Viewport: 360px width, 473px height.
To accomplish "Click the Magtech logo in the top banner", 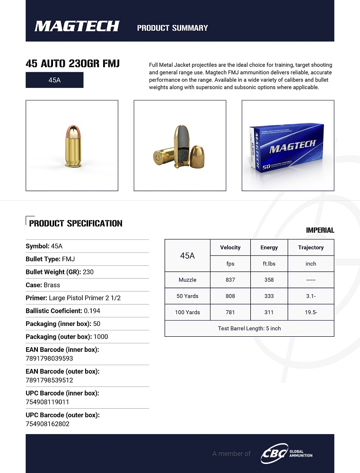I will (x=77, y=26).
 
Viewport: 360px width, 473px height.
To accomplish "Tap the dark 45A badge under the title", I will (x=54, y=80).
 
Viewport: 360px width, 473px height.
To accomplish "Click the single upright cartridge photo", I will (x=72, y=146).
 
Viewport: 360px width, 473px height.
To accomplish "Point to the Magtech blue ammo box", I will (x=288, y=147).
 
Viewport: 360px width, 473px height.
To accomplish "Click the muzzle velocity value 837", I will (x=230, y=280).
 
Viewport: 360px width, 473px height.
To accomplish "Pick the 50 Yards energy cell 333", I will (x=269, y=296).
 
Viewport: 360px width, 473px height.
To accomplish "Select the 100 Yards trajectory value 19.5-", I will (x=311, y=312).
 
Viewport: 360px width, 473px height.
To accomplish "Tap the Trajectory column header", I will (x=311, y=247).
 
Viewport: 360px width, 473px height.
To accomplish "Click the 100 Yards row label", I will (x=187, y=312).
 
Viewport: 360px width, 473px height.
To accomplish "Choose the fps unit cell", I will (x=230, y=263).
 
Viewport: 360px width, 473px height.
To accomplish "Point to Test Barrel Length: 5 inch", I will (x=249, y=328).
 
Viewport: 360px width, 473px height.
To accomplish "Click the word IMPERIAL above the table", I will (x=320, y=230).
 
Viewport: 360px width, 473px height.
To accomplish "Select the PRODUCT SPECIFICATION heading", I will (x=76, y=223).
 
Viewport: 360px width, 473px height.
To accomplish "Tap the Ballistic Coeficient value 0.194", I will (x=92, y=311).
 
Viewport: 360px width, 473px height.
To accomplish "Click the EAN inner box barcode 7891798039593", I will (x=49, y=359).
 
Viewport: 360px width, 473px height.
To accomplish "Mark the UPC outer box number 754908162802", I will (x=47, y=424).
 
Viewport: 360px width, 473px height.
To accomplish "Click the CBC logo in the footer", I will (x=274, y=454).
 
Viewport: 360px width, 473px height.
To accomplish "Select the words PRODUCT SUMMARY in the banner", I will (x=172, y=28).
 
